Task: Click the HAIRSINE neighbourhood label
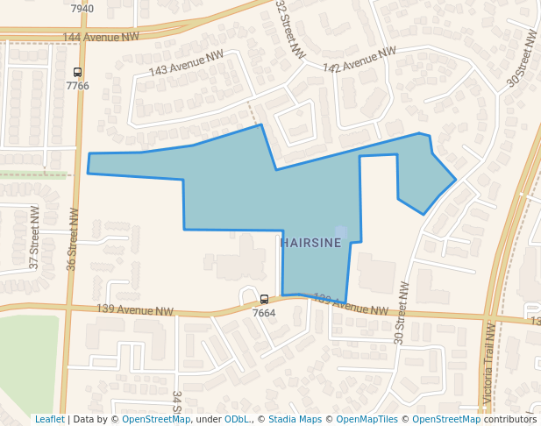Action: coord(310,243)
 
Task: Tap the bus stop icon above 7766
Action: coord(78,73)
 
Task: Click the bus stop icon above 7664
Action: coord(264,300)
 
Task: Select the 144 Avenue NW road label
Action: coord(102,38)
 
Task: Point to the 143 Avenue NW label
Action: coord(186,64)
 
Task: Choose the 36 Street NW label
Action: coord(73,239)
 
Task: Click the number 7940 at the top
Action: coord(82,9)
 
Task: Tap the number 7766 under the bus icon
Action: coord(78,86)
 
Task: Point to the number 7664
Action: coord(264,313)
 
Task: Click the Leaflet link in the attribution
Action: coord(49,419)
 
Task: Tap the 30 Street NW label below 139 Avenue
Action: coord(401,312)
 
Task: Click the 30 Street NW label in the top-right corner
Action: coord(522,59)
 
